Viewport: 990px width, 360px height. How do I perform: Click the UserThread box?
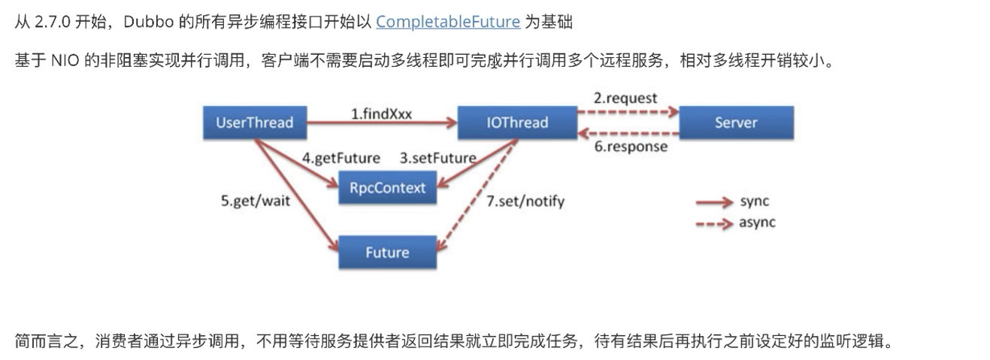click(x=254, y=123)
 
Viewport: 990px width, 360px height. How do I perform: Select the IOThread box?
click(x=517, y=123)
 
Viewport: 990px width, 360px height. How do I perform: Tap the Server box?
click(x=736, y=123)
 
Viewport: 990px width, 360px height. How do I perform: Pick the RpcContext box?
click(x=387, y=187)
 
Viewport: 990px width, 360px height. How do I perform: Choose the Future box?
click(x=387, y=252)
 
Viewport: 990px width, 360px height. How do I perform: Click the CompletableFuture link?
click(x=448, y=22)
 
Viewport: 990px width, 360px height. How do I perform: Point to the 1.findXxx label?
click(x=382, y=113)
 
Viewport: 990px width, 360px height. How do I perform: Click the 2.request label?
click(x=626, y=98)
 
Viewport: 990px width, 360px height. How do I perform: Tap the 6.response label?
click(x=631, y=147)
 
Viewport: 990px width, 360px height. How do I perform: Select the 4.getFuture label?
click(x=341, y=158)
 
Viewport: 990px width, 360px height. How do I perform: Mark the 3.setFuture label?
click(x=437, y=158)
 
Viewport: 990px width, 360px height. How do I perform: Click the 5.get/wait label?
click(x=255, y=201)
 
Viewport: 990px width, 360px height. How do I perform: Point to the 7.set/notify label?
click(x=525, y=201)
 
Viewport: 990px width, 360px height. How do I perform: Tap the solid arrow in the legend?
click(x=714, y=202)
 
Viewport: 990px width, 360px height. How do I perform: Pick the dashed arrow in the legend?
click(x=714, y=223)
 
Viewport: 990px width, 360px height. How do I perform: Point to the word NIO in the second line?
click(x=65, y=61)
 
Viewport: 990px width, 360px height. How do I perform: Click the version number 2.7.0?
click(x=53, y=22)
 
